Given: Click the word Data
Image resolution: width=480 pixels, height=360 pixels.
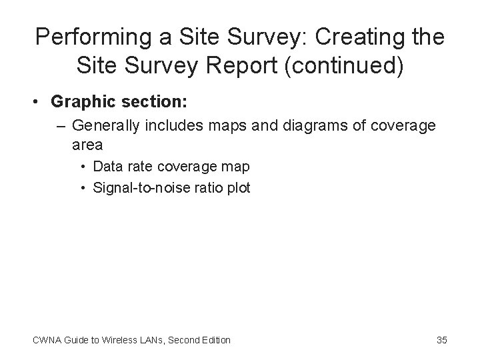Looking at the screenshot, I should [107, 166].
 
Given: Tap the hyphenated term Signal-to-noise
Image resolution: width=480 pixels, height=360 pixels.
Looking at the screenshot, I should [137, 188].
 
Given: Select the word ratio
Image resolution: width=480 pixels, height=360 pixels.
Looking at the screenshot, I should [201, 188].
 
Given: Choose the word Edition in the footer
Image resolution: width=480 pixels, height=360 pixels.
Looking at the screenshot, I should [215, 340].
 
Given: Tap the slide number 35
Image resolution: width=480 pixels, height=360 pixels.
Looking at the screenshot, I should [441, 340].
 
